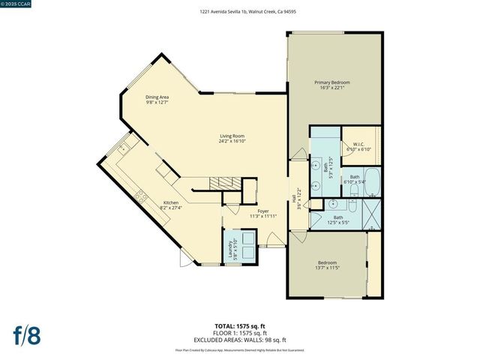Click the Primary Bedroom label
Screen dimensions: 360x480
click(331, 82)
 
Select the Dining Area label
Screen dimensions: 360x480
click(157, 97)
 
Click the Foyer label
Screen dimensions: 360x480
click(263, 211)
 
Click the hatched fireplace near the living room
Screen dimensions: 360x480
click(220, 183)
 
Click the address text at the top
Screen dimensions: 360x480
click(241, 11)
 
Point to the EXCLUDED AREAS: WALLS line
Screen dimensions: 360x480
click(241, 339)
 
